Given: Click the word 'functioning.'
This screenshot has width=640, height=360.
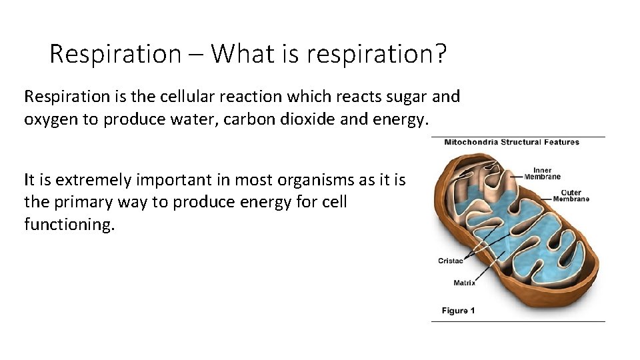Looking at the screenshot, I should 69,224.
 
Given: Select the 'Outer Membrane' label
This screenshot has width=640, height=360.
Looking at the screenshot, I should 571,196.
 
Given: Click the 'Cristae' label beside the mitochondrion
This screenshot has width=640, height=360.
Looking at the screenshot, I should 451,261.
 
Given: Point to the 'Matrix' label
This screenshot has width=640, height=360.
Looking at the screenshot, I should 465,283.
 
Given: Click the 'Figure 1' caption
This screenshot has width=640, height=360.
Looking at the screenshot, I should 459,311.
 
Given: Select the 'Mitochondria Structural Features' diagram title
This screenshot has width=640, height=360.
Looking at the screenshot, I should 511,142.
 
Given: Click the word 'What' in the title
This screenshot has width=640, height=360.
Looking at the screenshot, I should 244,54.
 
